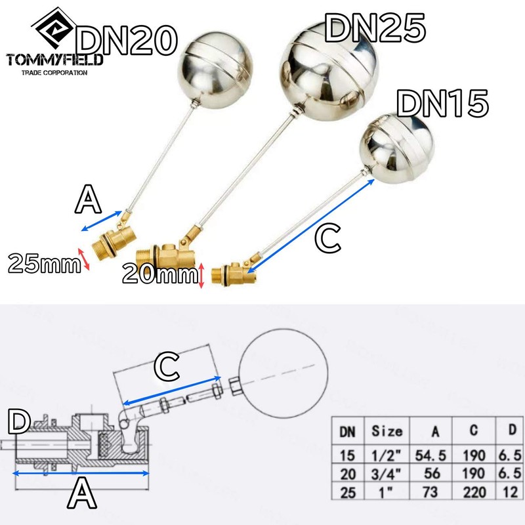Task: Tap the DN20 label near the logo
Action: pos(128,41)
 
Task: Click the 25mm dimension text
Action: pos(39,264)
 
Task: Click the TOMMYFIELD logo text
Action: pos(54,60)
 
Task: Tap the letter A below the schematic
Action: pos(81,494)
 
